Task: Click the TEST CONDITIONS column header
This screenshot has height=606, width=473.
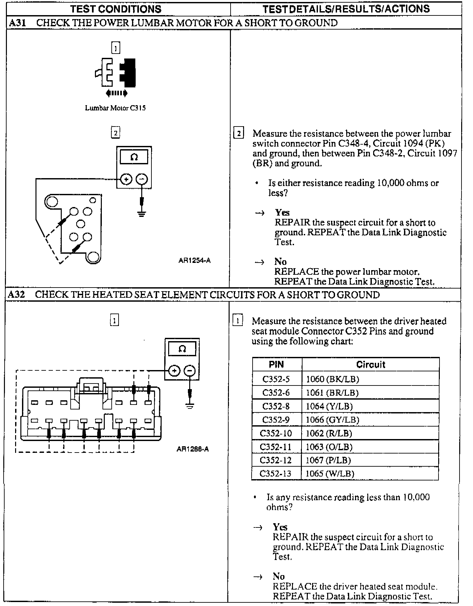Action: coord(116,9)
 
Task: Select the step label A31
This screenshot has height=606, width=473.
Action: coord(17,23)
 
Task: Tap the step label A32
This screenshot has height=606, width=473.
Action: coord(16,294)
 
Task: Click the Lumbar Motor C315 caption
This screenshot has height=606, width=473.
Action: coord(115,108)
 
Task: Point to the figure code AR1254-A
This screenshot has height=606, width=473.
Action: coord(194,261)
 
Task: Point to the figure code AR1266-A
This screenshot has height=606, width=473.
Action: coord(192,449)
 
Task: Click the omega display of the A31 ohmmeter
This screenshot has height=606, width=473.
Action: coord(134,157)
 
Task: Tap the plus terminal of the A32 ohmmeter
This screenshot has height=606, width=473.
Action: coord(174,371)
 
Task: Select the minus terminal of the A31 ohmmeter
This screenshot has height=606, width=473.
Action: coord(142,179)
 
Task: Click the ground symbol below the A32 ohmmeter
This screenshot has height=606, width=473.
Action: coord(190,406)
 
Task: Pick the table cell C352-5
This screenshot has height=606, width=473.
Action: coord(276,379)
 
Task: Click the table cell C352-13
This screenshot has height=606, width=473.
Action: coord(276,474)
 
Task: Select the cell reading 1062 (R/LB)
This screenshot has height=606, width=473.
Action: coord(329,433)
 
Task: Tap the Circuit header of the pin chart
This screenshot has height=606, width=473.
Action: coord(371,364)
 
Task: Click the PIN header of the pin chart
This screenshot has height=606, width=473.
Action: coord(276,364)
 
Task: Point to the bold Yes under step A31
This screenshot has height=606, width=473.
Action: coord(282,212)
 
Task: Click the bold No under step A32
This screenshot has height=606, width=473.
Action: coord(279,576)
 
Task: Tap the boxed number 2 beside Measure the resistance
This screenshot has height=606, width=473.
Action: coord(238,133)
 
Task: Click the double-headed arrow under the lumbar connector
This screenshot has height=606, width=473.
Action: coord(116,93)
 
